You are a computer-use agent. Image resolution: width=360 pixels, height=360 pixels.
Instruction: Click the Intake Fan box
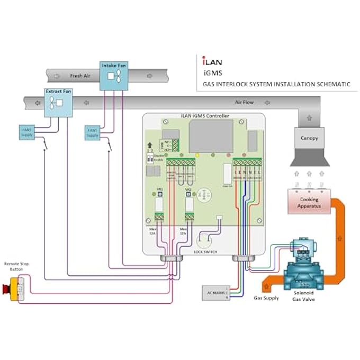click(x=114, y=74)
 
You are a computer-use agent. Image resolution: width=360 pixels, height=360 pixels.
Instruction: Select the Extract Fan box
click(x=57, y=102)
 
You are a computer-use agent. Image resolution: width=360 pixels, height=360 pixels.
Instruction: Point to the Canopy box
click(x=310, y=138)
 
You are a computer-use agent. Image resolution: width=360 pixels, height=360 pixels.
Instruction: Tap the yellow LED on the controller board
click(x=196, y=155)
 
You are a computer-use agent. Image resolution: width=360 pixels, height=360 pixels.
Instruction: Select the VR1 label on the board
click(x=159, y=189)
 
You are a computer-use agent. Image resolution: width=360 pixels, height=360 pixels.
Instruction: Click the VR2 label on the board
click(x=188, y=189)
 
